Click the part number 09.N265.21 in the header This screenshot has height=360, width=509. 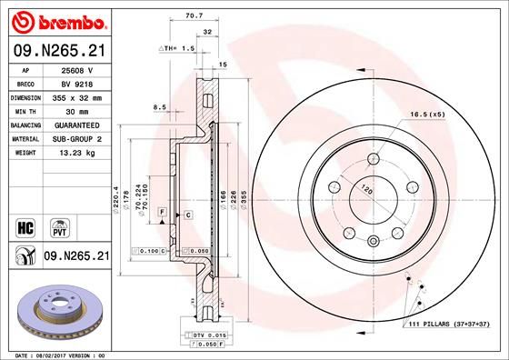coord(56,51)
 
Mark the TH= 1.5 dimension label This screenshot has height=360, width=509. coord(179,46)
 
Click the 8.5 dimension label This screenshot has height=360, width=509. coord(160,106)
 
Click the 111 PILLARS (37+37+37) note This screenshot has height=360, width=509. coord(449,325)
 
